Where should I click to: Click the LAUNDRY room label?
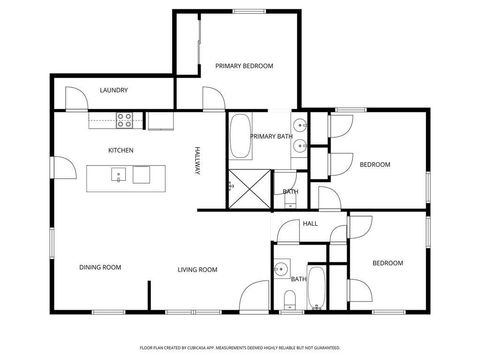113,91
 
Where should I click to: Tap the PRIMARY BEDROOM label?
244,66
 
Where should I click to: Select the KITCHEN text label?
121,150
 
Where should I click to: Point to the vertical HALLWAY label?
198,162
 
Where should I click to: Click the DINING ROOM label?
100,267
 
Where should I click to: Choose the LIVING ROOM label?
198,268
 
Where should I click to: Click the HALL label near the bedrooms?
310,223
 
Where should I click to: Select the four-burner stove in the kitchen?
126,120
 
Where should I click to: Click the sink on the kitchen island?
119,176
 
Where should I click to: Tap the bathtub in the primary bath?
240,138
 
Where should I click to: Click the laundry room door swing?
75,98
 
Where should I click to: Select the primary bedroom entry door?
212,97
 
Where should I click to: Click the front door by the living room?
255,298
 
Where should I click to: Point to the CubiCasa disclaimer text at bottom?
240,347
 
